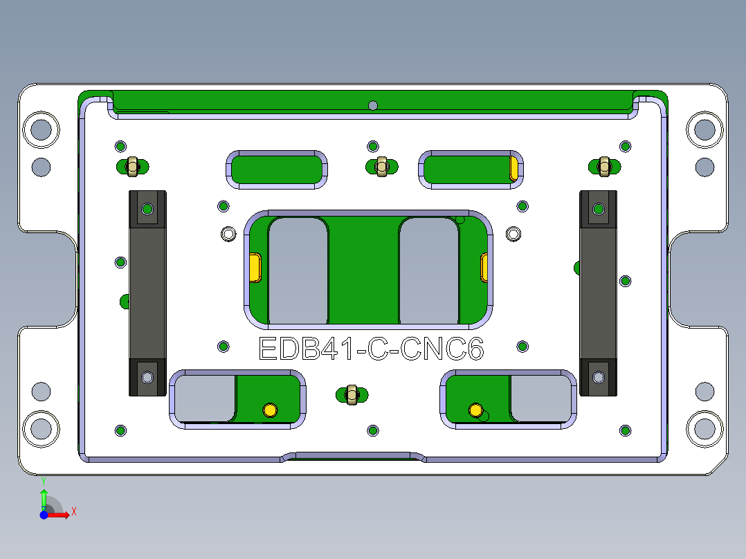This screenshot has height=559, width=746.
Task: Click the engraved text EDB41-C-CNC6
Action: [370, 349]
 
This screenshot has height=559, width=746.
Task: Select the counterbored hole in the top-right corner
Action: [704, 129]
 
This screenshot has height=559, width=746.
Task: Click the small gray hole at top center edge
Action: [373, 105]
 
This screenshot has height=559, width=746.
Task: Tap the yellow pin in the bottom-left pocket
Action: [270, 410]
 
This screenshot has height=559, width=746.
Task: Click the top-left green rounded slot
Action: [277, 169]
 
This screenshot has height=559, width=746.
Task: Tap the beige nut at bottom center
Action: [352, 394]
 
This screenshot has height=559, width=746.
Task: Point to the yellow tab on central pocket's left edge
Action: [255, 267]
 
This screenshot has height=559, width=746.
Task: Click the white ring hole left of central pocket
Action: [228, 234]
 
